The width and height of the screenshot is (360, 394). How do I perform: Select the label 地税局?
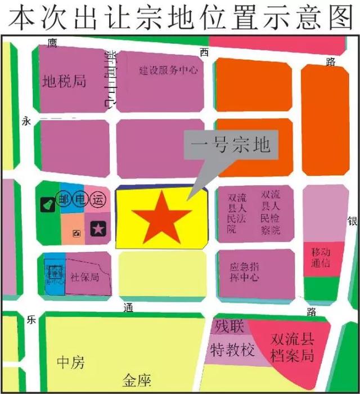pos(65,82)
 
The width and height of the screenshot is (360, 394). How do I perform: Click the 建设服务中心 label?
pos(169,70)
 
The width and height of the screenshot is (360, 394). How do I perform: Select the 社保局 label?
pos(85,277)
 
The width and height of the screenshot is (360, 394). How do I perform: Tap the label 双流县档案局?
pos(291,348)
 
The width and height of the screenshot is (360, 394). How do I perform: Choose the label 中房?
pos(71,363)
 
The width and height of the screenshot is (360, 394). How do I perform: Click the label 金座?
pos(138,382)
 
